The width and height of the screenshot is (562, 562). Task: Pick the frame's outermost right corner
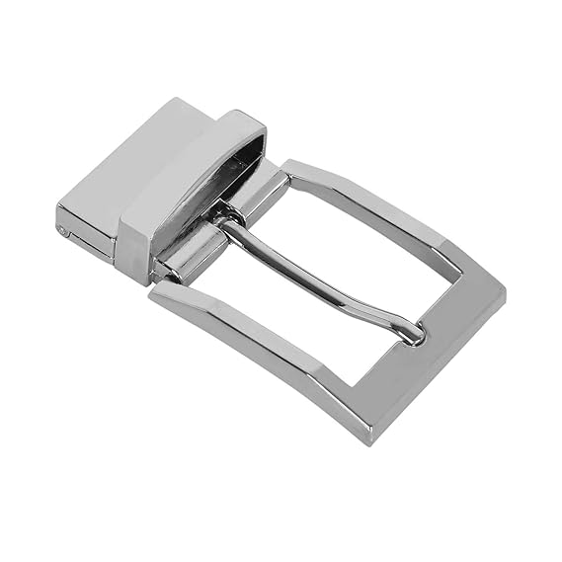504,291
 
